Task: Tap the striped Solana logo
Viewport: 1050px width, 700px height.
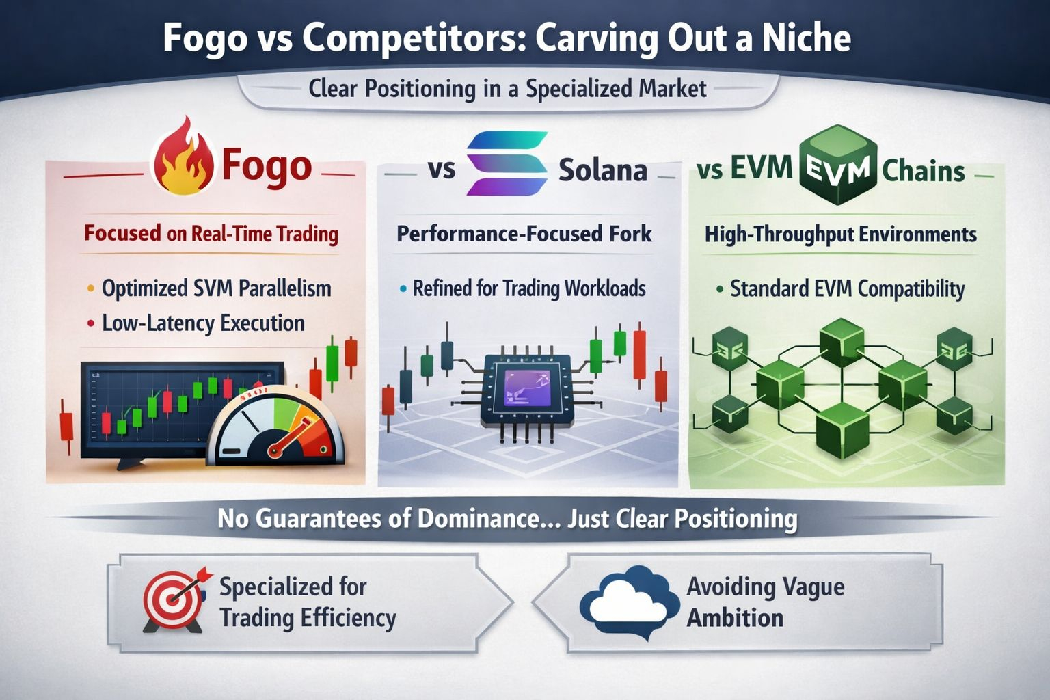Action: point(507,163)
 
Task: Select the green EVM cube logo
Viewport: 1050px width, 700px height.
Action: point(837,165)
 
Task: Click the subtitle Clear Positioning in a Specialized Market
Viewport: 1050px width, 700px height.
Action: point(507,89)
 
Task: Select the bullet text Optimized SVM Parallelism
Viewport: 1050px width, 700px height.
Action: point(217,288)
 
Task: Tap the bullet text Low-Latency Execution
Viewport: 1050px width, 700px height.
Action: point(204,323)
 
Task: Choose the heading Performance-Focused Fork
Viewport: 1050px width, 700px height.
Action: point(524,234)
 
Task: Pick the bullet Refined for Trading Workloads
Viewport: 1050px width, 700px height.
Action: point(529,288)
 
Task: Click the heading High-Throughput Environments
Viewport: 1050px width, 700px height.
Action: point(840,234)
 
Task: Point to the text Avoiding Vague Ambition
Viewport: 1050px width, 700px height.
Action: point(765,602)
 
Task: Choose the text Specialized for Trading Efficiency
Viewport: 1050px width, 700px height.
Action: point(308,602)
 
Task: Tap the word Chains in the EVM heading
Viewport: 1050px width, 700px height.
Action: point(923,171)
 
